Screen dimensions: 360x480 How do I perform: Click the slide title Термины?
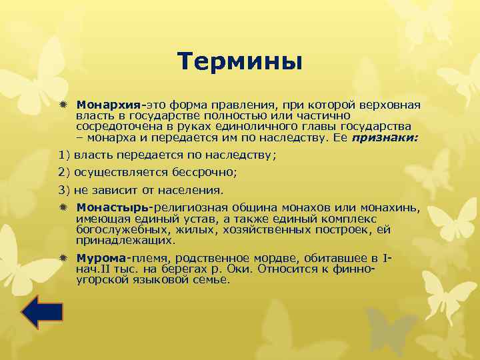click(240, 62)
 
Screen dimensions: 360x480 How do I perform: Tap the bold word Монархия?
click(109, 105)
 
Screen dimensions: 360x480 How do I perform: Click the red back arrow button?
click(42, 313)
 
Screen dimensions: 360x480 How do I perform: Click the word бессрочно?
click(209, 172)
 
